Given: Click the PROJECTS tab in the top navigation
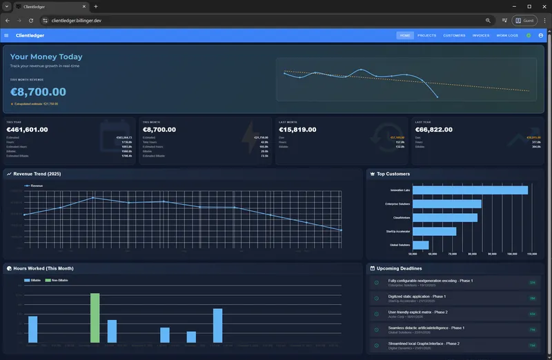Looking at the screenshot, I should tap(427, 35).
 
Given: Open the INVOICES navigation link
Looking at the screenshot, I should tap(481, 35).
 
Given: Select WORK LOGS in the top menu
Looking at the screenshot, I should tap(507, 35).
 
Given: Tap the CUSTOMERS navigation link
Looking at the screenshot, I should tap(454, 35).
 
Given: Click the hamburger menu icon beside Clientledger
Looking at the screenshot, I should tap(6, 35).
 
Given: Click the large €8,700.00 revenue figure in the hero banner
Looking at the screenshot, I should tap(39, 92).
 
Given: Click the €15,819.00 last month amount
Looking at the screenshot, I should tap(297, 129).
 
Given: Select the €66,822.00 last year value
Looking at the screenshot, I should tap(433, 129).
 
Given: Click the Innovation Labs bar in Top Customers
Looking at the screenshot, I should tap(469, 190).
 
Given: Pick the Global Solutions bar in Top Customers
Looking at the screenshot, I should tap(420, 245).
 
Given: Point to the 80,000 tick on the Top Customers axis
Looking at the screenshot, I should tap(473, 254).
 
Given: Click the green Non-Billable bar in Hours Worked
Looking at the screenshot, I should tap(95, 317).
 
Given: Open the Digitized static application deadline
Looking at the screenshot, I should tap(417, 296).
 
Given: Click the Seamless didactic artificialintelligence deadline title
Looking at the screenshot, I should tap(426, 328).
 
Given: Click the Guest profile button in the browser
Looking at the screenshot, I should tap(525, 21).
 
